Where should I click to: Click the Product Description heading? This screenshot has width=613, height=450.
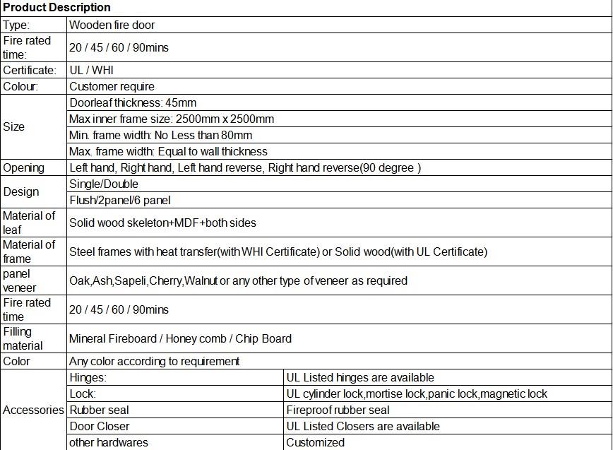56,8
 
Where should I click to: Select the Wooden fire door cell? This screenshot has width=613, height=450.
112,25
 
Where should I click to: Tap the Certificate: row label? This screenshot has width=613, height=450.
30,70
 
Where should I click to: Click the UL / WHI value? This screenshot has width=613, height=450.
91,70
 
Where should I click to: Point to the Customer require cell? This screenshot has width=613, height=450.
112,86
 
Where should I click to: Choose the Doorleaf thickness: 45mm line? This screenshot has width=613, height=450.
133,102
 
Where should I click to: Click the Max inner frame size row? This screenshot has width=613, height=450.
172,119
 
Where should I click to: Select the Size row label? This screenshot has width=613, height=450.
14,127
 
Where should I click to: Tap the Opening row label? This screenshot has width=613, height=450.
23,168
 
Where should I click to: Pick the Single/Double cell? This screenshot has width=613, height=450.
104,184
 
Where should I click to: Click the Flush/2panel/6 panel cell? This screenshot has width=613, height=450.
120,201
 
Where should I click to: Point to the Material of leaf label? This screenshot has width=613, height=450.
28,223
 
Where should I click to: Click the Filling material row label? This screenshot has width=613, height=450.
23,338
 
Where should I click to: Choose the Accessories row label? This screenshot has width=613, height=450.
33,410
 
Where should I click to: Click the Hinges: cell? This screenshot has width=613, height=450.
88,377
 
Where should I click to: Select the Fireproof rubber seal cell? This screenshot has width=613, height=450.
338,410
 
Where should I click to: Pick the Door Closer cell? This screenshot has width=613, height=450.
100,426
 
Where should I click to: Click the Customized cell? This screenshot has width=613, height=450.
315,442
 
